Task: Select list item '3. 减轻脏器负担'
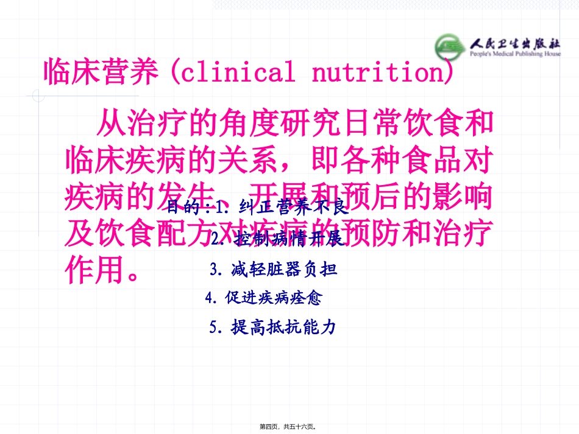coord(274,268)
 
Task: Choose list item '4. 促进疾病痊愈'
coord(264,298)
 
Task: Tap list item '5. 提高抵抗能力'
coord(272,327)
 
